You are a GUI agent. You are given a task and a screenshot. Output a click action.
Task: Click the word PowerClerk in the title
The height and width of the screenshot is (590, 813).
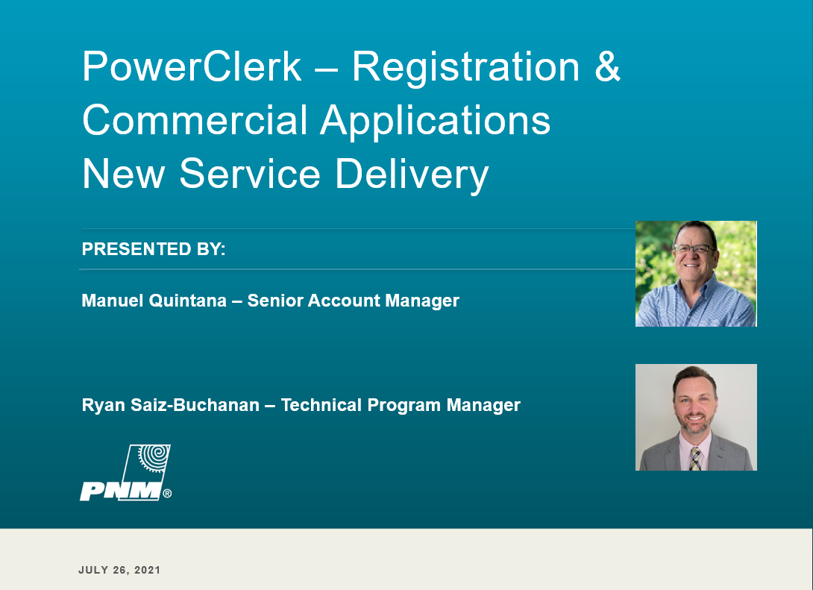192,66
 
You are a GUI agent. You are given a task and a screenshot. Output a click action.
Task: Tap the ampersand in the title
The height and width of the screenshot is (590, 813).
607,66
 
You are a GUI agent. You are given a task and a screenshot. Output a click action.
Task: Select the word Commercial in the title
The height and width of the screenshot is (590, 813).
195,120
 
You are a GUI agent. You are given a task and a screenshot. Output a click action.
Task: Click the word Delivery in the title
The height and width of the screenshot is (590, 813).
412,175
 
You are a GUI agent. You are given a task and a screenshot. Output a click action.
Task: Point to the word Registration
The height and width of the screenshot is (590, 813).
465,67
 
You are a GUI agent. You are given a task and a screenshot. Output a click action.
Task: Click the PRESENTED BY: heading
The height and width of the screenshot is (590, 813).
154,249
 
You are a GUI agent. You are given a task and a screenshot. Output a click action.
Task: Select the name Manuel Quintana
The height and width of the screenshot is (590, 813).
154,301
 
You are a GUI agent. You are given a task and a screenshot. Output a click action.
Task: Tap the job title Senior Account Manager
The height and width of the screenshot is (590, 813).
353,301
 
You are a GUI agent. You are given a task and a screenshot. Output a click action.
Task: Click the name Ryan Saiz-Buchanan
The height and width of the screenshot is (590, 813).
171,405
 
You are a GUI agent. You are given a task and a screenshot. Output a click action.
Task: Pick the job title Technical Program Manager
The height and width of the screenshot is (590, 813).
401,406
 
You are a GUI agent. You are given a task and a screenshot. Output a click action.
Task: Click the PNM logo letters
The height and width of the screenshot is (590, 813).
120,491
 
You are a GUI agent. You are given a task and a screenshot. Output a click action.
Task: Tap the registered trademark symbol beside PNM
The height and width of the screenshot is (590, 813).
167,494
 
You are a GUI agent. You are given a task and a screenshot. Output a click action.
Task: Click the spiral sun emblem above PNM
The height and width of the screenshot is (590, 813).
153,458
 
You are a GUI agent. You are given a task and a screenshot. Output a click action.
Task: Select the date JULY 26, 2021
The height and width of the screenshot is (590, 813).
119,571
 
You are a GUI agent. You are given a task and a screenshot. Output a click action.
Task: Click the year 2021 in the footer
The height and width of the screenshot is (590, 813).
147,571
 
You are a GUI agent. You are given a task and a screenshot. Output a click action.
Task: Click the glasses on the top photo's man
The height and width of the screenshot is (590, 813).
693,249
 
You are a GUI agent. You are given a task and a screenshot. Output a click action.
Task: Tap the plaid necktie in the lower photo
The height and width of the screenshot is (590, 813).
695,458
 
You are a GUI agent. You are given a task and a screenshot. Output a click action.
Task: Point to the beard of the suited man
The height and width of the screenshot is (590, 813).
695,422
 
